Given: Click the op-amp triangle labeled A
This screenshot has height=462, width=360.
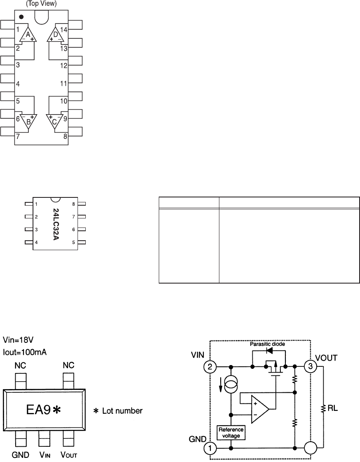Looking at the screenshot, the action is point(28,35).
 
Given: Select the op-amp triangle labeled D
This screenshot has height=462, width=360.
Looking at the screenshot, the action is point(56,35).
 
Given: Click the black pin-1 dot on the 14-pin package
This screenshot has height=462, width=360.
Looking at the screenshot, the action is point(21,17).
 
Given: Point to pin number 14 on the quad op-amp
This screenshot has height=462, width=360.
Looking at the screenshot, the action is point(64,30).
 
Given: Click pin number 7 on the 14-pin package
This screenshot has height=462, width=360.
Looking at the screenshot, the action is point(18,136).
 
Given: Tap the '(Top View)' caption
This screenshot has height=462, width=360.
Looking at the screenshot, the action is point(41,4).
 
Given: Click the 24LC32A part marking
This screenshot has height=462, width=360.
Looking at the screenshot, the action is point(56,224).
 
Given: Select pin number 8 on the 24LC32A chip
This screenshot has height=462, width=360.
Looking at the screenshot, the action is point(73,204).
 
